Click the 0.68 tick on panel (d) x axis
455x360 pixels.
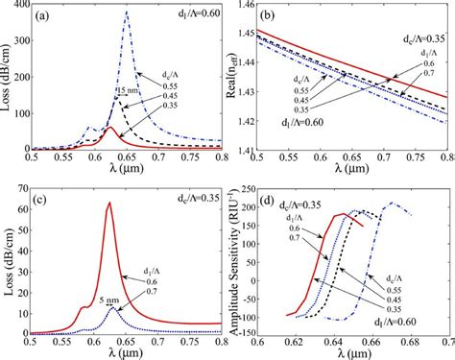pyautogui.click(x=414, y=343)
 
